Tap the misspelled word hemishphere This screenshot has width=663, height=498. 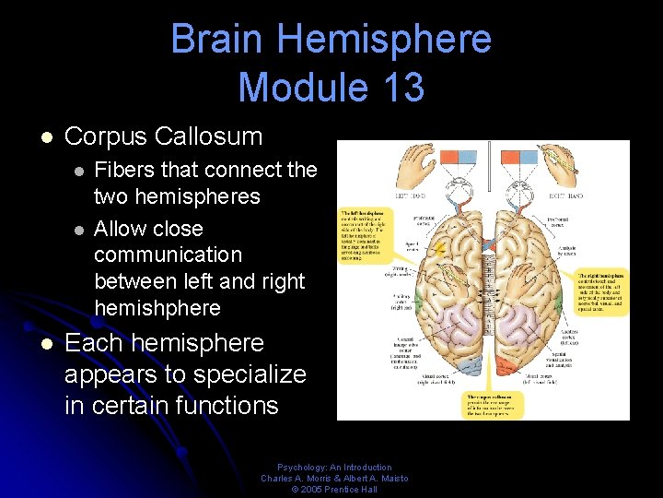coord(157,308)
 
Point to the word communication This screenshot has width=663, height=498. coord(168,255)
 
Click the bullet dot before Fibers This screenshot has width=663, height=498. coord(80,171)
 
